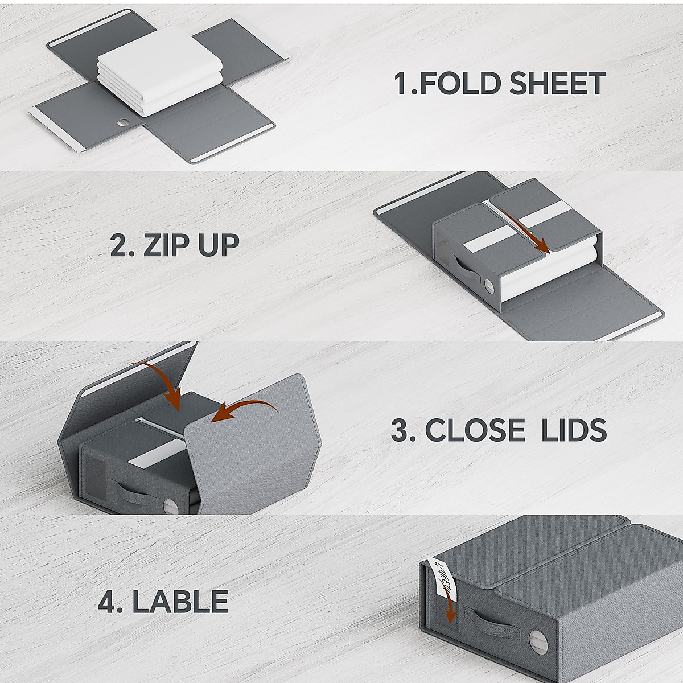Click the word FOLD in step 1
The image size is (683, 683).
(460, 83)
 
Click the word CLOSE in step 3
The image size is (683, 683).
(475, 430)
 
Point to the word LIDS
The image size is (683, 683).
(575, 430)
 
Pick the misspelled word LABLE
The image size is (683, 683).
(180, 601)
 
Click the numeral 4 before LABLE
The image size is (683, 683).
(106, 601)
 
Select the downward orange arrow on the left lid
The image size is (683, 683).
(165, 384)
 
